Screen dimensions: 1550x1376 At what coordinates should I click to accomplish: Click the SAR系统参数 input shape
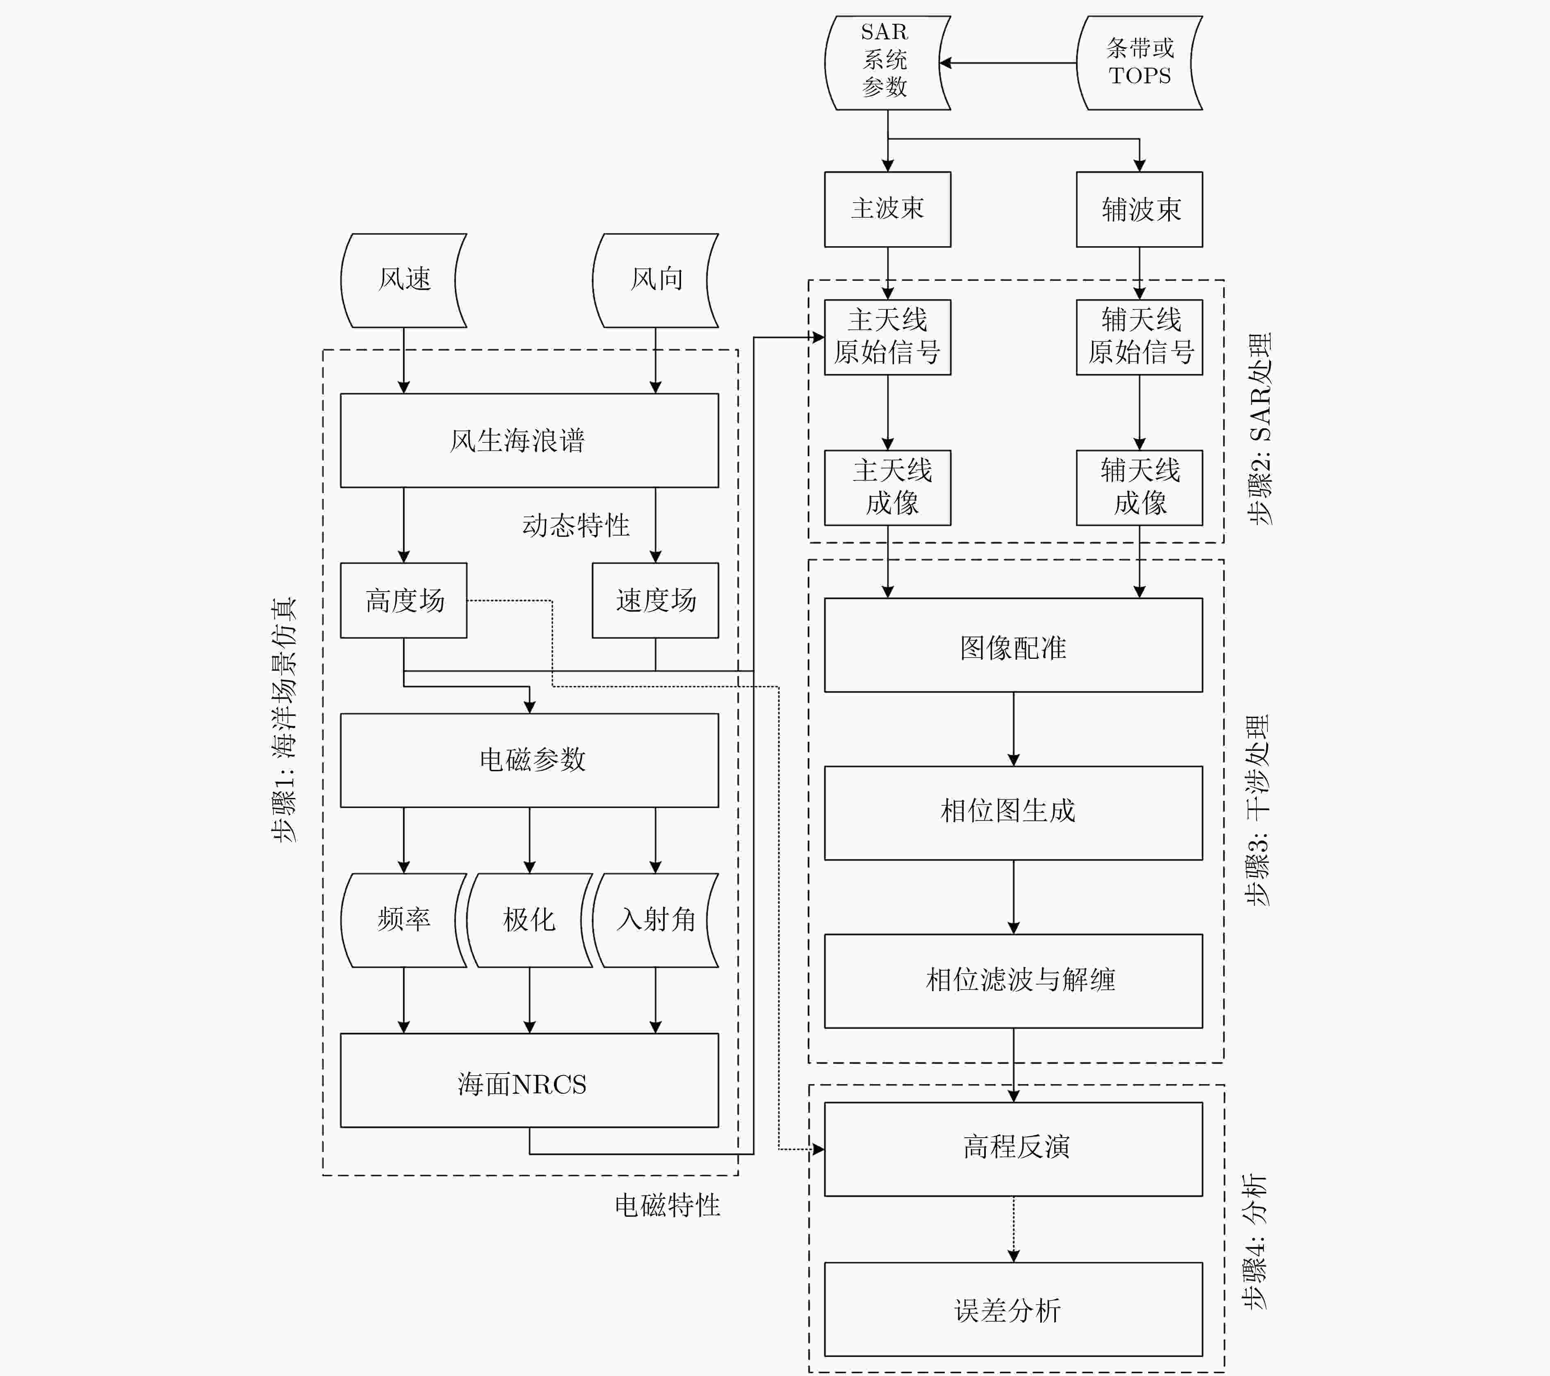coord(887,63)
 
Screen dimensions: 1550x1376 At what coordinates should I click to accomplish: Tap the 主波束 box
coord(887,209)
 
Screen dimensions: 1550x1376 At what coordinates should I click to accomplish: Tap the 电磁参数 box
coord(529,760)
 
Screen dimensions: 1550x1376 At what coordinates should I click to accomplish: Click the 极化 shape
coord(529,920)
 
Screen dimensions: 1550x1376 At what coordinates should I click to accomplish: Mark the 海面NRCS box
coord(529,1080)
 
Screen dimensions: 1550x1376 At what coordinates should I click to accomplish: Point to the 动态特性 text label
coord(576,525)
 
